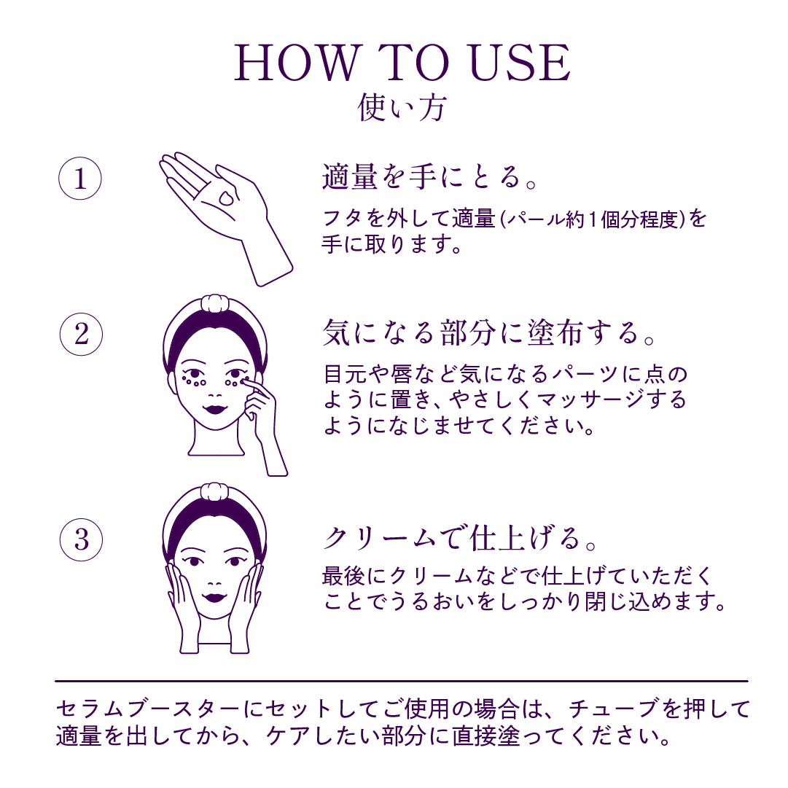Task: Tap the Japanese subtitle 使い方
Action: pos(402,107)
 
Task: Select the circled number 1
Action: pos(80,179)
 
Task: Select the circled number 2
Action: pos(81,334)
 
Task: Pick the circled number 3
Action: pos(81,539)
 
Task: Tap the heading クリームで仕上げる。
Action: pos(461,538)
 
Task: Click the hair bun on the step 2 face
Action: pos(215,304)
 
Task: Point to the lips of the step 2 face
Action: pos(215,408)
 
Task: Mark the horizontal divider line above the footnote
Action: pos(402,682)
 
